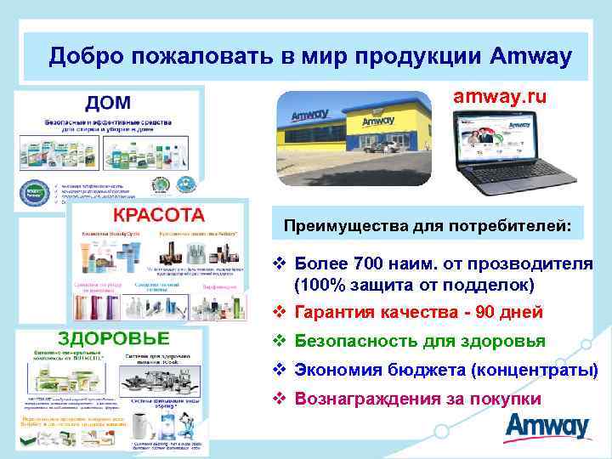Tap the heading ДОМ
(x=106, y=103)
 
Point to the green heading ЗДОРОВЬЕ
(x=114, y=338)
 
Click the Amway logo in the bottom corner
(x=545, y=428)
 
